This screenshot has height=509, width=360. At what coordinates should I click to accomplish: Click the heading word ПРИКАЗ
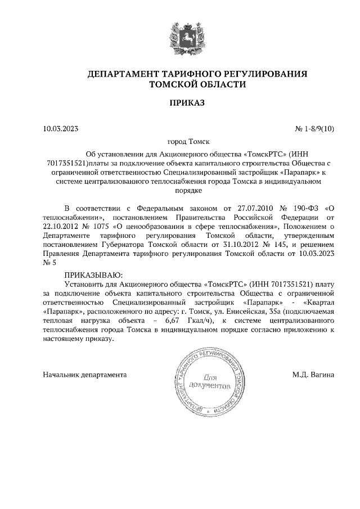tap(181, 103)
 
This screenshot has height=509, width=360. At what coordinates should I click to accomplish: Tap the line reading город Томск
tap(181, 143)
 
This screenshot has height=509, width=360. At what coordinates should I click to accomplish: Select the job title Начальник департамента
tap(85, 374)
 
